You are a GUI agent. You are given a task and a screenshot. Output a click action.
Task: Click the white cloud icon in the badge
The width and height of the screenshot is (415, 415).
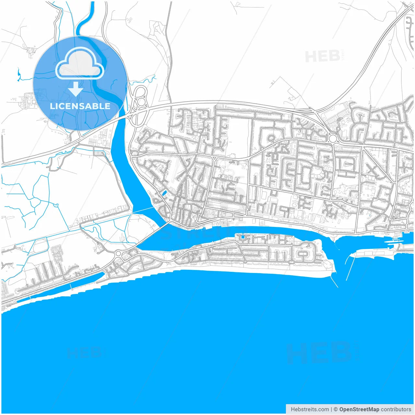(80, 63)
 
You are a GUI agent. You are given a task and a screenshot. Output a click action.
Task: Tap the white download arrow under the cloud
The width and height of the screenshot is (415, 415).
(76, 89)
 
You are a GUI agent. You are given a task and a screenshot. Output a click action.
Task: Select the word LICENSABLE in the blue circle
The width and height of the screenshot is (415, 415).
(80, 106)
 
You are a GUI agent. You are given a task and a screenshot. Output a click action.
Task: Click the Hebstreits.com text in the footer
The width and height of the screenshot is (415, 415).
(310, 409)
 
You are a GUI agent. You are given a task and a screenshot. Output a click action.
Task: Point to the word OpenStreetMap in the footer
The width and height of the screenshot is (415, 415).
(359, 409)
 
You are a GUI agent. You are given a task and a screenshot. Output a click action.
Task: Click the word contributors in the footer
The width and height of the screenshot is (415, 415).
(396, 409)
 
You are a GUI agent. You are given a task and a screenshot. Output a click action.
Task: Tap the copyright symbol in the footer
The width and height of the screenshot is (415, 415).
(336, 409)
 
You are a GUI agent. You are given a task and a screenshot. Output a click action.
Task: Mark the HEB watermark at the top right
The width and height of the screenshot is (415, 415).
(323, 57)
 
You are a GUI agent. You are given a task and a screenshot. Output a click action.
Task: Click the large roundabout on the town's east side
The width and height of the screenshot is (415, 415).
(333, 139)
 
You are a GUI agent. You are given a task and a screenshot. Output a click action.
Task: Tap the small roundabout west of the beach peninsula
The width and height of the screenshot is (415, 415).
(118, 253)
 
